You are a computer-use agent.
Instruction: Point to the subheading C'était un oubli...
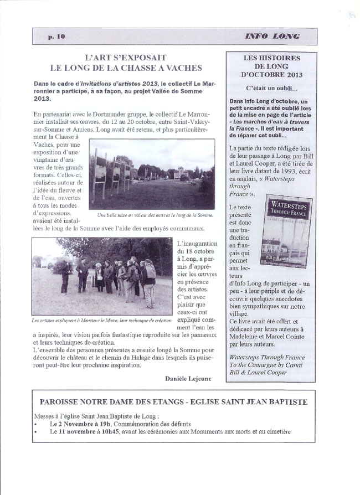click(x=271, y=87)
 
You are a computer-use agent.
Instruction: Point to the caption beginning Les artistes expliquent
click(x=102, y=321)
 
